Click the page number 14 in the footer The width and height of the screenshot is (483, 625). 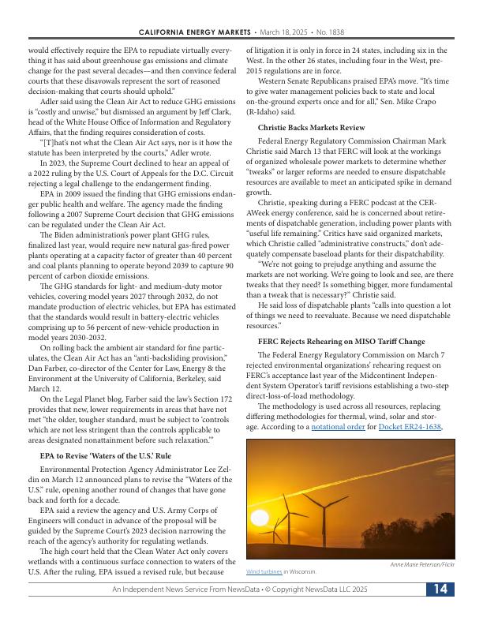[440, 589]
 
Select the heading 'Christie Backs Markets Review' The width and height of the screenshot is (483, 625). [311, 127]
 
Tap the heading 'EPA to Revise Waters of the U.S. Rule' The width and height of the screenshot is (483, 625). [105, 456]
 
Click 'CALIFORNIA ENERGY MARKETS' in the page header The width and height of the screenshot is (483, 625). [194, 32]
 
